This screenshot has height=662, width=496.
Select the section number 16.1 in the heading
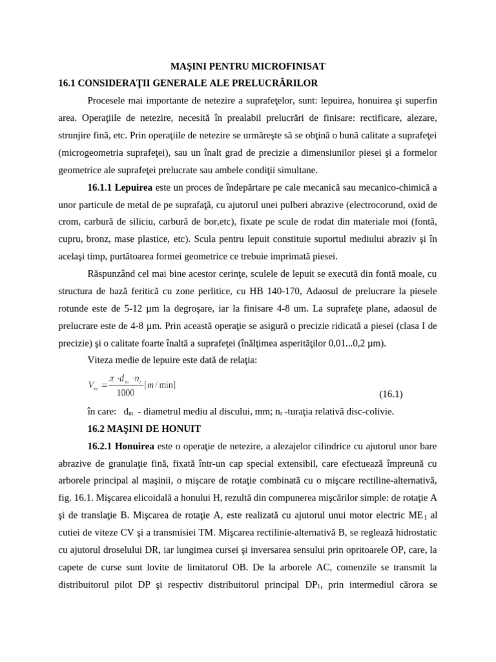point(68,83)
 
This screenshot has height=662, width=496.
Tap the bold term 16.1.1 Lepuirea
point(120,187)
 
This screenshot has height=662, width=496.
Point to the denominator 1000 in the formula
point(125,392)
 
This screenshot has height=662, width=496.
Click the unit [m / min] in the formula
point(160,385)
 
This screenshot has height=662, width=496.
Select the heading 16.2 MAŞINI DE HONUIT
point(144,429)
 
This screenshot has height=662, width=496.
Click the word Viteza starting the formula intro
point(101,359)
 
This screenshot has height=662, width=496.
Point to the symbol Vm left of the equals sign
point(92,386)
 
